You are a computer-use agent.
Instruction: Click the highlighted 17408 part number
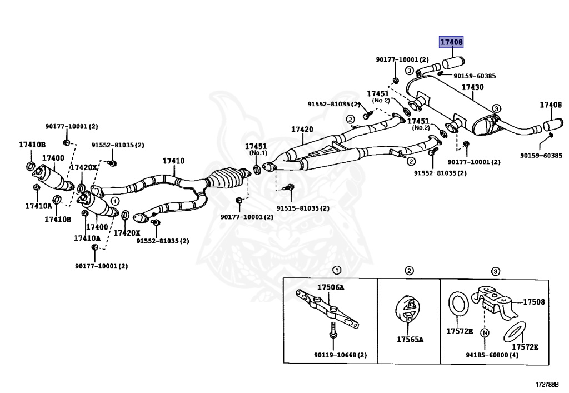pos(451,42)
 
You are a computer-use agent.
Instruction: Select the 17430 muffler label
pos(472,87)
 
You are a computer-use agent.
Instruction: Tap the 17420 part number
pos(302,130)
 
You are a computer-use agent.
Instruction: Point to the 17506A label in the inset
pos(331,287)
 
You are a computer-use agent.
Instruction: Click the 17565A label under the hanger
pos(410,339)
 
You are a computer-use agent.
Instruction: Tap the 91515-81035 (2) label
pos(303,208)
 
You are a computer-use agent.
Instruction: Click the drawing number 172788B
pos(547,384)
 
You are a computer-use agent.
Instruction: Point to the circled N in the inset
pos(485,334)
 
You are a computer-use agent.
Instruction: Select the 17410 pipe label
pos(173,161)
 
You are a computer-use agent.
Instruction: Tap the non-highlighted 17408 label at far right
pos(551,105)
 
